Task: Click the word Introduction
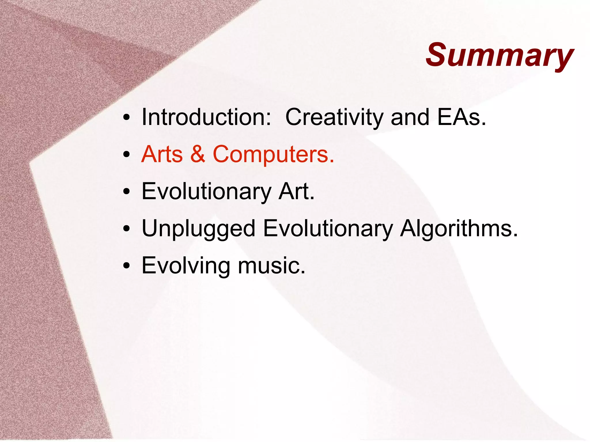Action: (206, 117)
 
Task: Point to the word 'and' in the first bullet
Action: (410, 117)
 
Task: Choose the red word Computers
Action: (273, 155)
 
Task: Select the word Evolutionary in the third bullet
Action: (206, 192)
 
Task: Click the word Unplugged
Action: (198, 229)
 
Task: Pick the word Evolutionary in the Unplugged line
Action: (328, 229)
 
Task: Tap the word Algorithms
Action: (459, 228)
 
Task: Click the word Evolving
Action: (186, 266)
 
